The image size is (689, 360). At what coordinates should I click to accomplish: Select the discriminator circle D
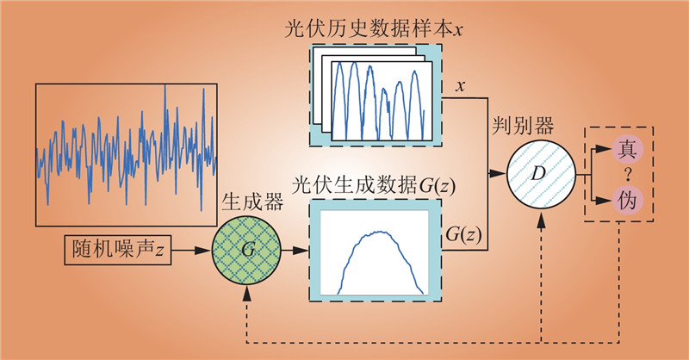coord(539,173)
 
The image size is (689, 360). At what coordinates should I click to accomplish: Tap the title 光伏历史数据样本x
coord(373,28)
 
